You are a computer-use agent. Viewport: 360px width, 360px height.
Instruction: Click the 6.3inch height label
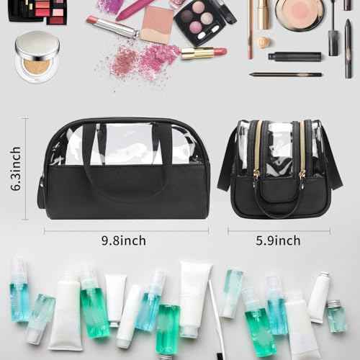(x=16, y=168)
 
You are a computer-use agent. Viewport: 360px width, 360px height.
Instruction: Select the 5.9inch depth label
(x=278, y=241)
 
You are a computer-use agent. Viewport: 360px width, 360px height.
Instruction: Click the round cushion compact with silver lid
(x=37, y=56)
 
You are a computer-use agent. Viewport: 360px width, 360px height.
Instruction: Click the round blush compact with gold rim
(x=299, y=13)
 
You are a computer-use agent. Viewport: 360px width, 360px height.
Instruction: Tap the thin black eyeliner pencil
(x=286, y=74)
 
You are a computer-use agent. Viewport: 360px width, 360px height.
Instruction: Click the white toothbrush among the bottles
(x=215, y=317)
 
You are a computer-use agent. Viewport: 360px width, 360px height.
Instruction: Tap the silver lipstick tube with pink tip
(x=112, y=27)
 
